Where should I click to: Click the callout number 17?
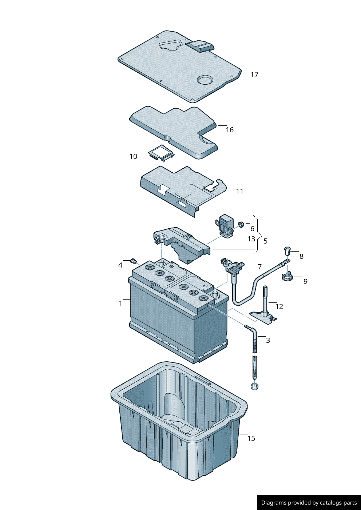[x=254, y=75]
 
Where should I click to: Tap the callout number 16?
[x=230, y=130]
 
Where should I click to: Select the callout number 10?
[x=133, y=156]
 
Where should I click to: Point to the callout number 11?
[x=239, y=191]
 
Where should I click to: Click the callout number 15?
[x=251, y=438]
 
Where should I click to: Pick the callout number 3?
[x=268, y=340]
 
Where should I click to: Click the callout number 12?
[x=279, y=306]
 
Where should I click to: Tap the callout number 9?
[x=305, y=281]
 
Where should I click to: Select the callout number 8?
[x=301, y=256]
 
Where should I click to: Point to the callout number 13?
[x=251, y=239]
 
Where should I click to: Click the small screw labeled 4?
[x=133, y=261]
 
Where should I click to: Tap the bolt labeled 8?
[x=287, y=250]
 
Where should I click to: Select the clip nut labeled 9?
[x=287, y=277]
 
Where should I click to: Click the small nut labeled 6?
[x=241, y=224]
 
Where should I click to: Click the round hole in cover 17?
[x=205, y=80]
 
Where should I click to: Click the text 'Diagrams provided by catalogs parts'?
[x=309, y=503]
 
